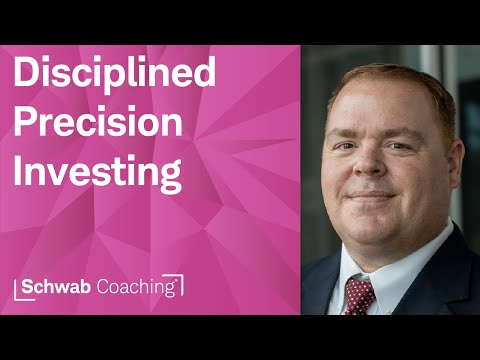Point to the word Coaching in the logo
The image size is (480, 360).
pyautogui.click(x=140, y=287)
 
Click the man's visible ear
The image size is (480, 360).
pyautogui.click(x=446, y=160)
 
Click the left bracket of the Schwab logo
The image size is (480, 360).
pyautogui.click(x=19, y=288)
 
